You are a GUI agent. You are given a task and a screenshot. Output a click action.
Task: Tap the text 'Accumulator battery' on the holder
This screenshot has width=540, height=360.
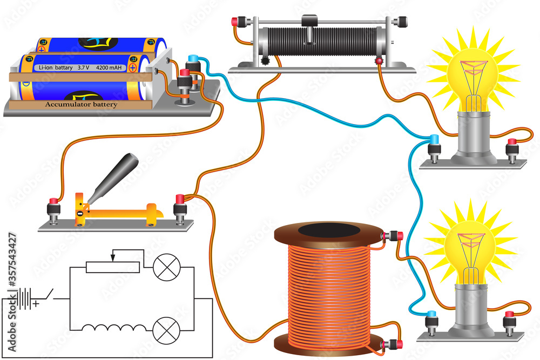[x=81, y=105]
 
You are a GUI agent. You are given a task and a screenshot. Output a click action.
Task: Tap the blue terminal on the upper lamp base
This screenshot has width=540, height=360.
[x=433, y=140]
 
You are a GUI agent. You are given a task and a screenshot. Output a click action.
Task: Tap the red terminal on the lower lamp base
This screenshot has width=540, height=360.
[x=509, y=315]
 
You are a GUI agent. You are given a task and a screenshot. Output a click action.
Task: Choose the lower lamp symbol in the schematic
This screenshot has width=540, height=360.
[x=164, y=328]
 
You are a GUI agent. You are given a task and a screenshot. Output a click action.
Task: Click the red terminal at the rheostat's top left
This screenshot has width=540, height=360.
[x=235, y=22]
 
